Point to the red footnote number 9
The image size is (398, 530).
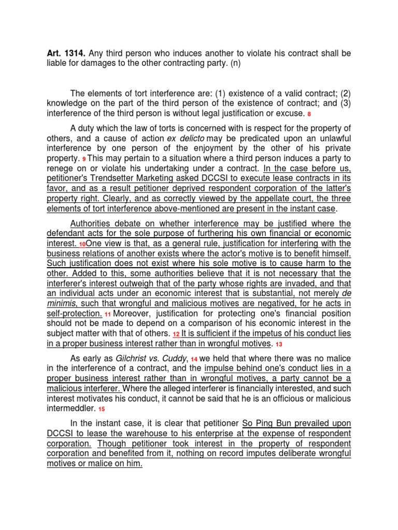84,158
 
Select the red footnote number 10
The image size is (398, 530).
82,244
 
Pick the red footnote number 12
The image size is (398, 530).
176,334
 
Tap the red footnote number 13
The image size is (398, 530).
278,344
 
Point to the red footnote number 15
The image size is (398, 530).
101,409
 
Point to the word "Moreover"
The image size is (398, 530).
132,314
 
